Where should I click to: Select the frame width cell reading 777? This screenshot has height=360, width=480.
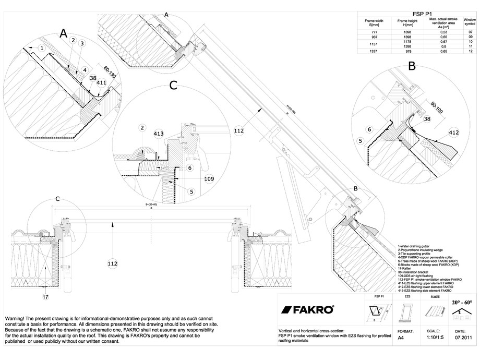[x=373, y=32]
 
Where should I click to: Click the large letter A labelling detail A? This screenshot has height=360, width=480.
[x=64, y=34]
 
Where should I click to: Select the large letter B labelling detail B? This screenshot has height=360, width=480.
[x=411, y=66]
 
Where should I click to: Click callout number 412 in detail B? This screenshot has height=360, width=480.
[x=453, y=133]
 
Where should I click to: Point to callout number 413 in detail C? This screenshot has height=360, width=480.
[x=159, y=134]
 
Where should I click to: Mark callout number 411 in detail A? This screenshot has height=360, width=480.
[x=101, y=82]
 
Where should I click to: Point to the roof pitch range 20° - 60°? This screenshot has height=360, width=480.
[x=462, y=302]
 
